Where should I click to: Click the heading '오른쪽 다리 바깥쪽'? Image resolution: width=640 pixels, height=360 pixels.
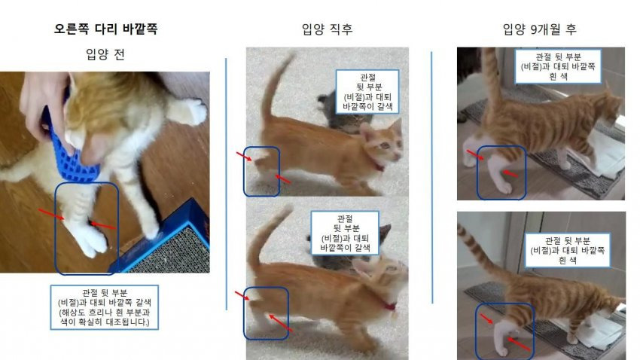105,29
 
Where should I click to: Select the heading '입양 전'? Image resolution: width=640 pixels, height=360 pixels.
105,54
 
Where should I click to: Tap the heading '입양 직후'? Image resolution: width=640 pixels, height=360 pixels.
327,29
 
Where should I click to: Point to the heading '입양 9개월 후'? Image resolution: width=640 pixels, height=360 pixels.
539,29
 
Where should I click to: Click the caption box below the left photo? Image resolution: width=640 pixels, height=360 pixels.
104,307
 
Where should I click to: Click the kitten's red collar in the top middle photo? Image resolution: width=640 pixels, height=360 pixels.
380,167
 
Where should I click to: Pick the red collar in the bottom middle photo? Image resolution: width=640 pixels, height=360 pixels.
390,306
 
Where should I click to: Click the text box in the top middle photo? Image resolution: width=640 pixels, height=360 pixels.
367,92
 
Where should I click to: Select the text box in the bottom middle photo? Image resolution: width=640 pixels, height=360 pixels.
345,233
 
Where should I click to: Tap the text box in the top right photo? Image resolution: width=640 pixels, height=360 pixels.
558,66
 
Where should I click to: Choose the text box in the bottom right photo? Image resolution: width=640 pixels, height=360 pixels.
568,250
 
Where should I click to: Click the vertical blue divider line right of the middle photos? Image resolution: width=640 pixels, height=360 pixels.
432,178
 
